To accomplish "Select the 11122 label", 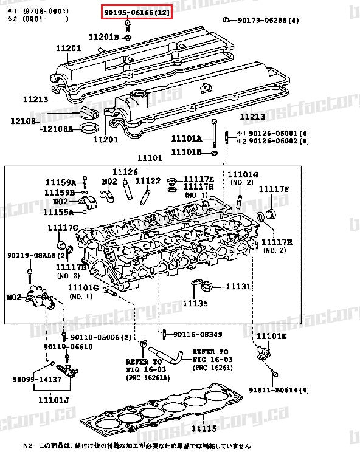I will click(x=148, y=180).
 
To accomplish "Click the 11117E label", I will click(x=199, y=180).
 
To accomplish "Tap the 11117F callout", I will click(x=274, y=189).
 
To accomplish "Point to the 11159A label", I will click(x=61, y=182).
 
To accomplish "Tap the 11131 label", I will click(x=238, y=286).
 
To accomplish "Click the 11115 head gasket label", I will click(x=204, y=430).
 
